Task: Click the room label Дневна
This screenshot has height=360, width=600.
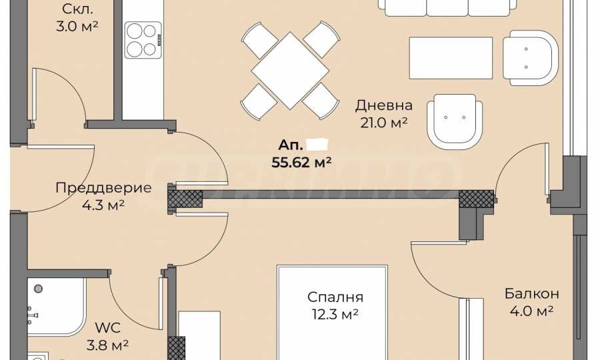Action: click(x=383, y=105)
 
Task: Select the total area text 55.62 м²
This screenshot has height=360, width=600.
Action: click(x=302, y=161)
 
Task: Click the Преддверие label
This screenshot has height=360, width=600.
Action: click(x=103, y=188)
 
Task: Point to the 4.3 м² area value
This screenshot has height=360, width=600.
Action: click(x=103, y=206)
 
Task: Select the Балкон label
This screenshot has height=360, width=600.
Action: click(x=531, y=294)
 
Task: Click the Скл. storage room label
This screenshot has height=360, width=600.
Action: click(x=77, y=9)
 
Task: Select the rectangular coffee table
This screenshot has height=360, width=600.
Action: click(x=451, y=58)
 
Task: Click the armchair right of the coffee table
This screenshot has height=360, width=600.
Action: click(x=530, y=59)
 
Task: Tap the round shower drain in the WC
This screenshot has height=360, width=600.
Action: click(x=39, y=289)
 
